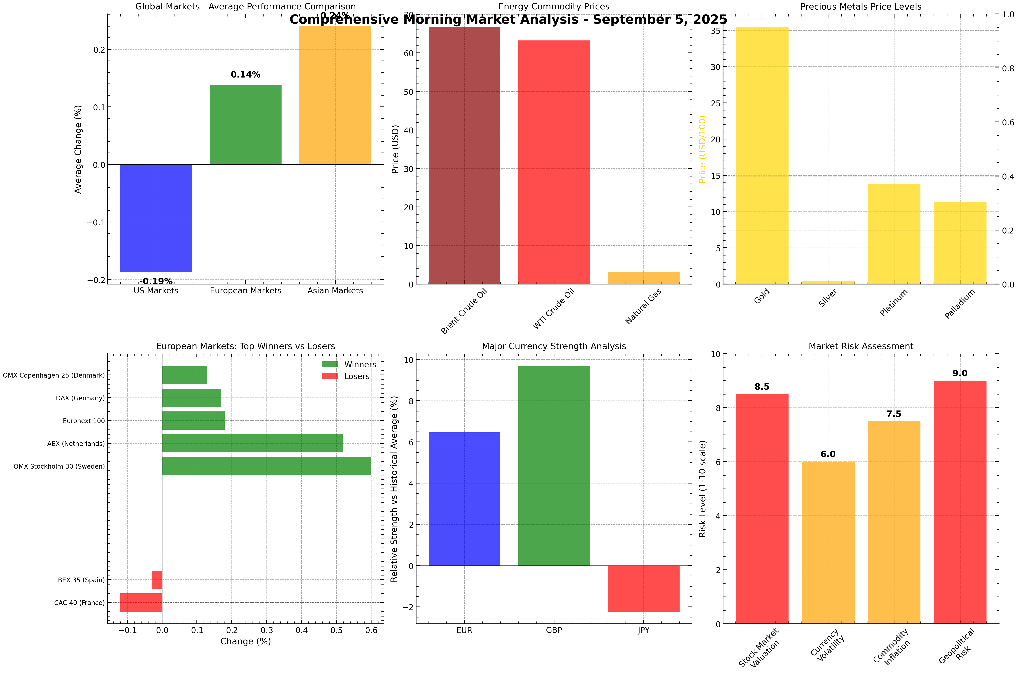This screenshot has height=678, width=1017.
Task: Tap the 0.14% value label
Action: pyautogui.click(x=245, y=75)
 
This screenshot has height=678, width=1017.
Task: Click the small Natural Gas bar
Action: pyautogui.click(x=643, y=278)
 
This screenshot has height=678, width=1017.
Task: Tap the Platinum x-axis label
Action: pyautogui.click(x=894, y=303)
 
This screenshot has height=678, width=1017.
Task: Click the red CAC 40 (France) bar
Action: pyautogui.click(x=141, y=602)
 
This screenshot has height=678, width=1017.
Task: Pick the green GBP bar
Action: pyautogui.click(x=554, y=466)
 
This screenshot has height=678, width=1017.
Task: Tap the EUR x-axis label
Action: pyautogui.click(x=464, y=630)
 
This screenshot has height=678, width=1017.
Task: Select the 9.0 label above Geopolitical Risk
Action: pyautogui.click(x=960, y=373)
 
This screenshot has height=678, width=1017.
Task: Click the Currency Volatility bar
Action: pyautogui.click(x=827, y=543)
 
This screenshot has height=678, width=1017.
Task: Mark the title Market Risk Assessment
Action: pyautogui.click(x=861, y=346)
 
